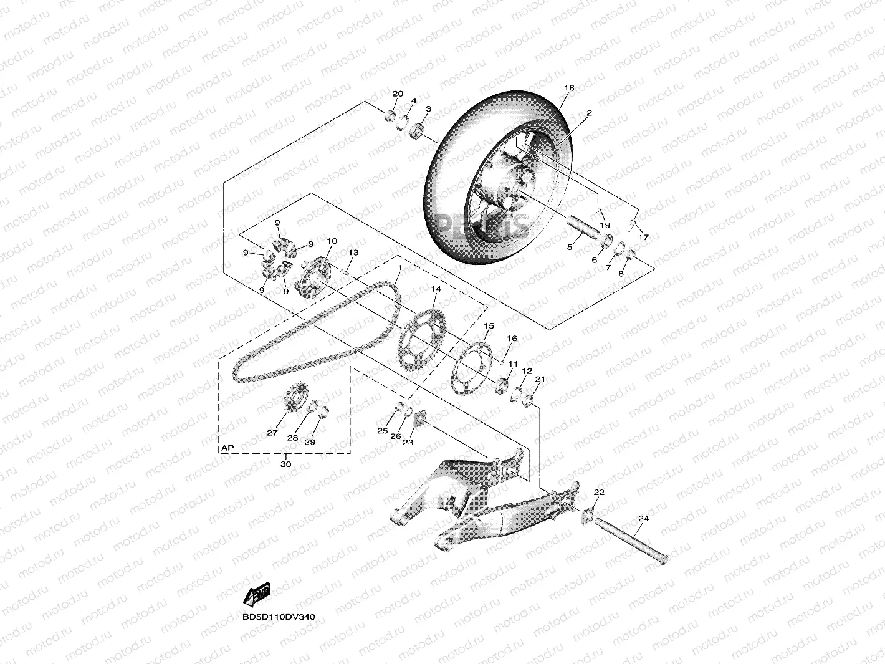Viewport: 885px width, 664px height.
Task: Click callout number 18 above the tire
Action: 569,89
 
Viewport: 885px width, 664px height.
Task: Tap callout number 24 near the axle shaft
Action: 644,519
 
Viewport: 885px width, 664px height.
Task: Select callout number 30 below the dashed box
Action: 285,464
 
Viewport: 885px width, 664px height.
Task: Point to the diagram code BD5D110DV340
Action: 279,617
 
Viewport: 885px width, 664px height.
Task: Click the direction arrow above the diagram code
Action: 256,594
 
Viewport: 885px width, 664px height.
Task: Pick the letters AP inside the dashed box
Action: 227,448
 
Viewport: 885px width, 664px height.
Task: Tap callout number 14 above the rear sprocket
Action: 435,289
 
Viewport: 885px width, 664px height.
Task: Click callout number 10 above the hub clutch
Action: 332,241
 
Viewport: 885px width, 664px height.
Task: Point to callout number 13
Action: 353,253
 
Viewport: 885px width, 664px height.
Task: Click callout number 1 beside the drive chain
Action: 399,267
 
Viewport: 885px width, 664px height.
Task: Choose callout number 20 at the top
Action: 398,94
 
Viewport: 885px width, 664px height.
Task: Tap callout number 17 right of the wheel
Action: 643,238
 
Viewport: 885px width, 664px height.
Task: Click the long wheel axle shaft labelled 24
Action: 630,539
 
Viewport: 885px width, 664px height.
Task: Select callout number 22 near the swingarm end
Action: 599,493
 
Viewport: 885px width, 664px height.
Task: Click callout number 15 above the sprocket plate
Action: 489,326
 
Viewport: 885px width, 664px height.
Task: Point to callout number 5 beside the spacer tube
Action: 569,248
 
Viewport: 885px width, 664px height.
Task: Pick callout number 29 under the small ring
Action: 310,442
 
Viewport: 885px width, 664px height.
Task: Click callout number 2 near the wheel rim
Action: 589,113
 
